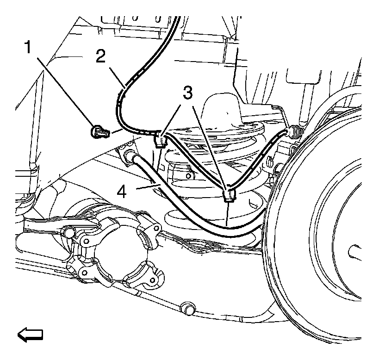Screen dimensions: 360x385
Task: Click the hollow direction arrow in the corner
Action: click(x=30, y=334)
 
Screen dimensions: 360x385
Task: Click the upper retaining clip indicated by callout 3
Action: click(x=158, y=138)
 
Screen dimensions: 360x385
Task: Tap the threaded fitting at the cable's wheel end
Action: click(x=294, y=133)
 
